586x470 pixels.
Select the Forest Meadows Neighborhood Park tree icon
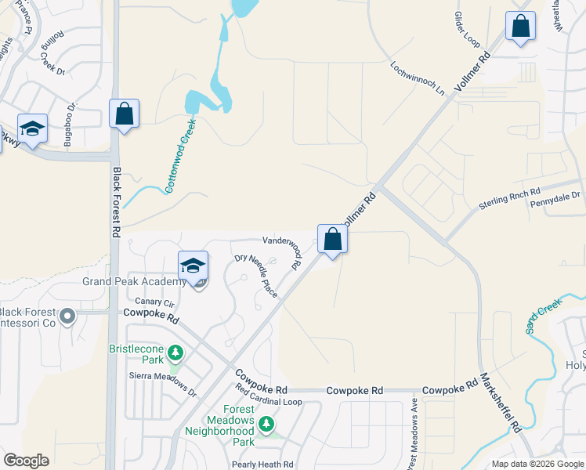coord(267,425)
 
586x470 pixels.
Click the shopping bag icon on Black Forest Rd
coord(124,114)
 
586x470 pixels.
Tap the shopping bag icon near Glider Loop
coord(519,27)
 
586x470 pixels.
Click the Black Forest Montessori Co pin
coord(67,317)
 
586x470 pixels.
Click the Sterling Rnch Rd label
coord(510,199)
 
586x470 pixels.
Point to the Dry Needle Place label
coord(256,275)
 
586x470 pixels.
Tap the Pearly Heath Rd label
coord(262,464)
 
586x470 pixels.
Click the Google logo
coord(27,461)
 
